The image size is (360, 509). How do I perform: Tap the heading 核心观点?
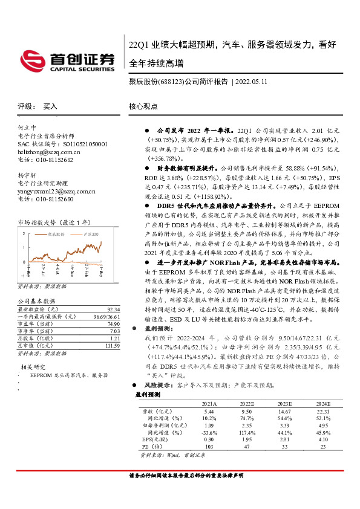coord(143,106)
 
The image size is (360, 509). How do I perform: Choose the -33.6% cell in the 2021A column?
coord(209,433)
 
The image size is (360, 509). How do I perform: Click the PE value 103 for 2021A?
coord(209,447)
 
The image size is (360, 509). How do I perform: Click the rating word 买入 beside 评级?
coord(50,106)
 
